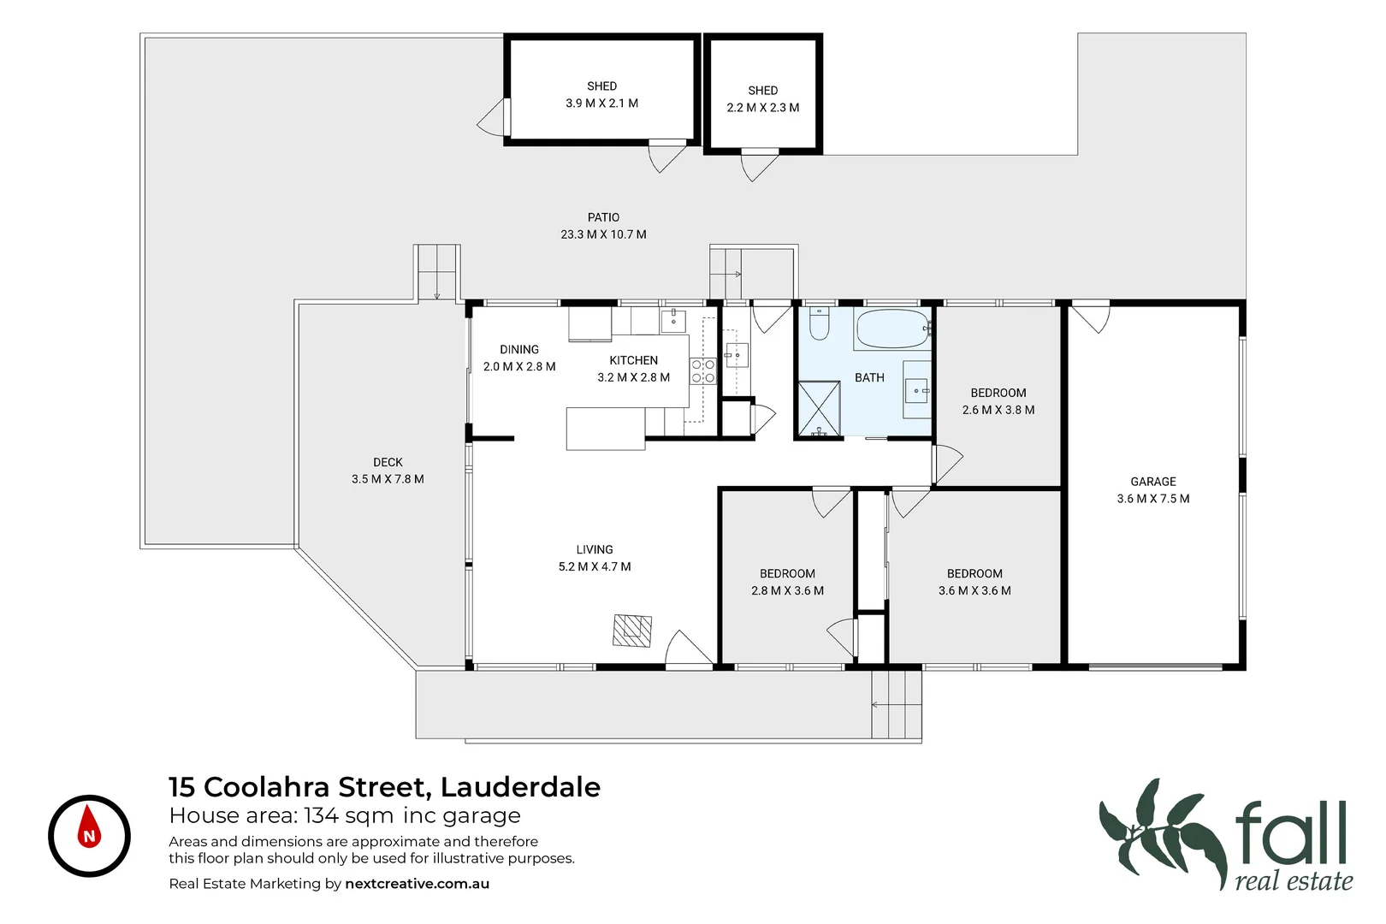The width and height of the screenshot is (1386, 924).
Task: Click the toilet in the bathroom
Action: [819, 323]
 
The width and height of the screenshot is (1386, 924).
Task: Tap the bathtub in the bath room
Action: [892, 329]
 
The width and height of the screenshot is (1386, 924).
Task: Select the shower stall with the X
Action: [820, 409]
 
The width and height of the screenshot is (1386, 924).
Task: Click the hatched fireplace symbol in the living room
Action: [632, 630]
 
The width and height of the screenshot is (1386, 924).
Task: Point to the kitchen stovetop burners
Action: [703, 371]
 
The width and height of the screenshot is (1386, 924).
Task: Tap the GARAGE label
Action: [1152, 482]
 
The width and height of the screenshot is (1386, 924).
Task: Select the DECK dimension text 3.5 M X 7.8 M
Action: [388, 479]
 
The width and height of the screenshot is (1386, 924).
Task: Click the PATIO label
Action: [603, 217]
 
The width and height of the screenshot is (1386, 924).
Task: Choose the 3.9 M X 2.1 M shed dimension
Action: [602, 104]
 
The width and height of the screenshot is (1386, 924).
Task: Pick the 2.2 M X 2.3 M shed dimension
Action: [763, 108]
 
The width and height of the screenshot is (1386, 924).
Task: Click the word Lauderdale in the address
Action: [520, 787]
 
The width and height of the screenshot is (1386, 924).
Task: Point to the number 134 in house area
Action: [321, 815]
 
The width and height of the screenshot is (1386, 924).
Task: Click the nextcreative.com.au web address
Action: [417, 884]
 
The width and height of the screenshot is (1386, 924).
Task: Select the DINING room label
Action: [519, 350]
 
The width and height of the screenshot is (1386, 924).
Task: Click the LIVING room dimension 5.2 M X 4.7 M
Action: [595, 566]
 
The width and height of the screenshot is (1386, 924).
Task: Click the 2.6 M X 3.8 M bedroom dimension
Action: [998, 410]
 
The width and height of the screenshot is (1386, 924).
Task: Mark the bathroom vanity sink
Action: [917, 390]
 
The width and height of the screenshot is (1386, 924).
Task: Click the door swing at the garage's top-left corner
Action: [1090, 317]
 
